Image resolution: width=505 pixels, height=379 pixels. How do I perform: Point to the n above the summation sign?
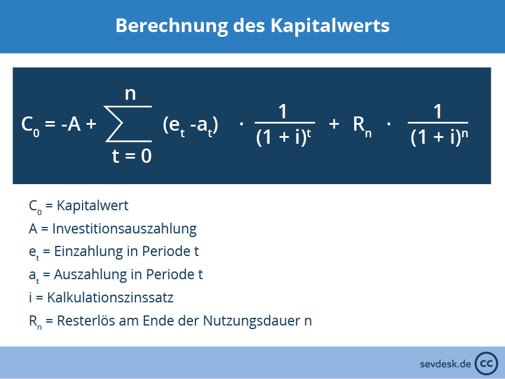pos(130,93)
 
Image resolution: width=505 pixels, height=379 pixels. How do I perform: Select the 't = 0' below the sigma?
pos(131,156)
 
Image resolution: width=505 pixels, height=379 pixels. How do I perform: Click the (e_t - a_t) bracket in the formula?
pos(190,125)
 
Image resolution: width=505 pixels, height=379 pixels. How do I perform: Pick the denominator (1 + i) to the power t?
pos(283,138)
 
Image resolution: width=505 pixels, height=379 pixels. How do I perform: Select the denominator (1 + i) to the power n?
pos(439,138)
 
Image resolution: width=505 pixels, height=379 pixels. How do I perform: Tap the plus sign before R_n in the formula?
pos(334,124)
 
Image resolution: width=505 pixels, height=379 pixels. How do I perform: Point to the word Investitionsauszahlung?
pos(124,229)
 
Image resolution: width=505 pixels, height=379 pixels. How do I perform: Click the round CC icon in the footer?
pos(487,362)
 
